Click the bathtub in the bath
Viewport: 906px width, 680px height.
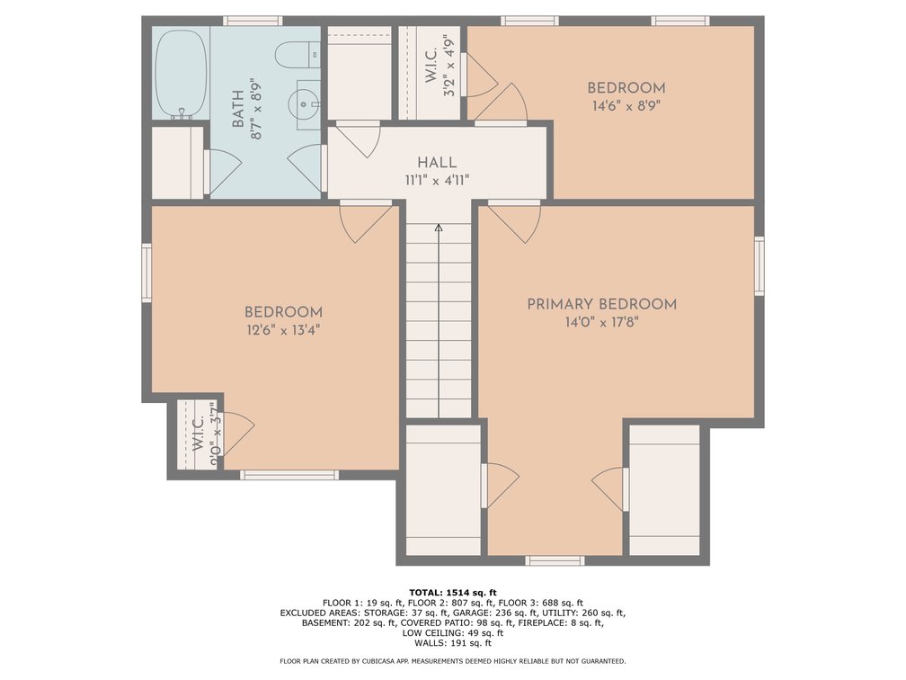pyautogui.click(x=181, y=74)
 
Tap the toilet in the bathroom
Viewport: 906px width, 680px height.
pyautogui.click(x=298, y=55)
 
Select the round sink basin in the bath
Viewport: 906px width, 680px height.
pyautogui.click(x=304, y=104)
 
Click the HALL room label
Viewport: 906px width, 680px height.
pyautogui.click(x=437, y=163)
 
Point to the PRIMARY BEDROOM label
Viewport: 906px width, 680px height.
pyautogui.click(x=601, y=304)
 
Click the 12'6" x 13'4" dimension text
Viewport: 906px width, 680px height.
pyautogui.click(x=283, y=330)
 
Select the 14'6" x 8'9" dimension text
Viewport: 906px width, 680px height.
pyautogui.click(x=626, y=106)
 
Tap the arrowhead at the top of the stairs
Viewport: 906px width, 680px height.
pyautogui.click(x=439, y=228)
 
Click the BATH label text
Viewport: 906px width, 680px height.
pyautogui.click(x=237, y=109)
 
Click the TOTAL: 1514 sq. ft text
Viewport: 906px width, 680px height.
pyautogui.click(x=453, y=592)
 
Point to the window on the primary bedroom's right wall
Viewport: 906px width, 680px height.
pyautogui.click(x=759, y=265)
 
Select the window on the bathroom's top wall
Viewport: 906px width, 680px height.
pyautogui.click(x=253, y=21)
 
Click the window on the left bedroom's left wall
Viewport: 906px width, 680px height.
pyautogui.click(x=147, y=273)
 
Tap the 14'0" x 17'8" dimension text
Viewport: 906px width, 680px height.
pyautogui.click(x=601, y=322)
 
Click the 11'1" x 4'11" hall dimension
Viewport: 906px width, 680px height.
pyautogui.click(x=437, y=181)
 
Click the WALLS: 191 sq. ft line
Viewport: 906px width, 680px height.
pyautogui.click(x=453, y=643)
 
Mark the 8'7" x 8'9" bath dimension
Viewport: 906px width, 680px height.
pyautogui.click(x=256, y=109)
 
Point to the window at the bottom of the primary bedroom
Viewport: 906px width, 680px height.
pyautogui.click(x=555, y=561)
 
